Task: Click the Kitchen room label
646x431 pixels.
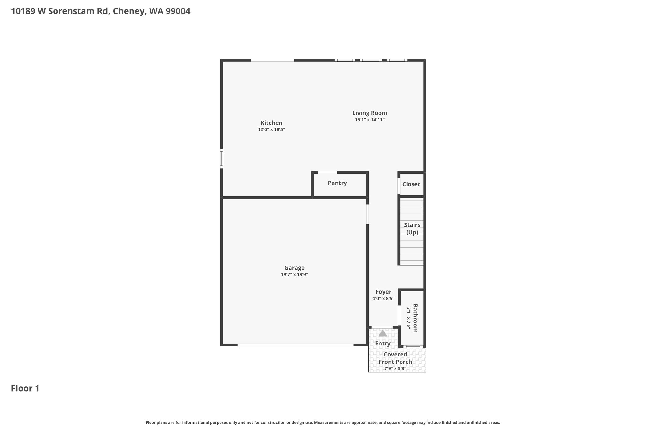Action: [x=271, y=123]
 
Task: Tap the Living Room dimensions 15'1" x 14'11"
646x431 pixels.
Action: [x=370, y=120]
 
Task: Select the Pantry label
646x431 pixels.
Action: [x=337, y=183]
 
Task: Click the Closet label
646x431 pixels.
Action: [x=411, y=184]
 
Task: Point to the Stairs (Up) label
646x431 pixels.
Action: [x=412, y=229]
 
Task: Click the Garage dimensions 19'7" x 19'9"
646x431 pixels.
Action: [x=294, y=275]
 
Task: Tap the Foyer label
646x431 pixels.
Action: [x=383, y=292]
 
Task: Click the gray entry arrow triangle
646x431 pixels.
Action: [x=383, y=333]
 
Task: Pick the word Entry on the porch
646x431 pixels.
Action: [x=383, y=344]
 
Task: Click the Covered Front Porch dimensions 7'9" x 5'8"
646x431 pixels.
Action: [x=395, y=368]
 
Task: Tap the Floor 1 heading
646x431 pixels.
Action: [x=25, y=388]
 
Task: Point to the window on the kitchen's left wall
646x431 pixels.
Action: [x=221, y=159]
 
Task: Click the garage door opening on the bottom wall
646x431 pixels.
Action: [x=295, y=345]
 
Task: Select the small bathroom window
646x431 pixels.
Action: [x=413, y=347]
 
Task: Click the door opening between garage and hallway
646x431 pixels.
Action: [x=367, y=214]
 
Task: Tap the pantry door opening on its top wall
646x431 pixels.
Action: [x=327, y=172]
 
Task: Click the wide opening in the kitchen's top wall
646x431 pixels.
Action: [x=273, y=60]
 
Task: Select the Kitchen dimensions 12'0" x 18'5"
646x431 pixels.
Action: [x=271, y=129]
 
